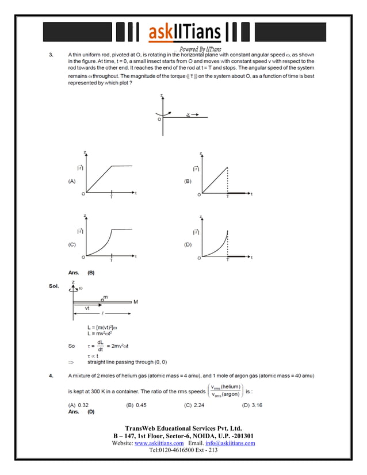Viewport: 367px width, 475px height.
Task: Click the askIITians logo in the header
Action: [x=183, y=33]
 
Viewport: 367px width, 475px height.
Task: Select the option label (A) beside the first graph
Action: [x=72, y=181]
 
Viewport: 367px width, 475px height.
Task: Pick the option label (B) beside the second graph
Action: [x=188, y=181]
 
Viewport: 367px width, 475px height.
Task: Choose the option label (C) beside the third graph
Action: [x=72, y=244]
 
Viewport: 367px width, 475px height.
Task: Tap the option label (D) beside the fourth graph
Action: [x=188, y=244]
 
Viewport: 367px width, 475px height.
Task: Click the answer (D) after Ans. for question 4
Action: [x=90, y=412]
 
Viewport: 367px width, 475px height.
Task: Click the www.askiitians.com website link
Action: [x=159, y=443]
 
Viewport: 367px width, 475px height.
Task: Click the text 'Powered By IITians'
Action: [x=201, y=49]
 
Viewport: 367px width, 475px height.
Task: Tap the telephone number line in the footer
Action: [x=183, y=450]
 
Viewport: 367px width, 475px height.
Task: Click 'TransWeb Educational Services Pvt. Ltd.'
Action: [x=183, y=428]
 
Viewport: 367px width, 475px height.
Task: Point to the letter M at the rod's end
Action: [x=136, y=302]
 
